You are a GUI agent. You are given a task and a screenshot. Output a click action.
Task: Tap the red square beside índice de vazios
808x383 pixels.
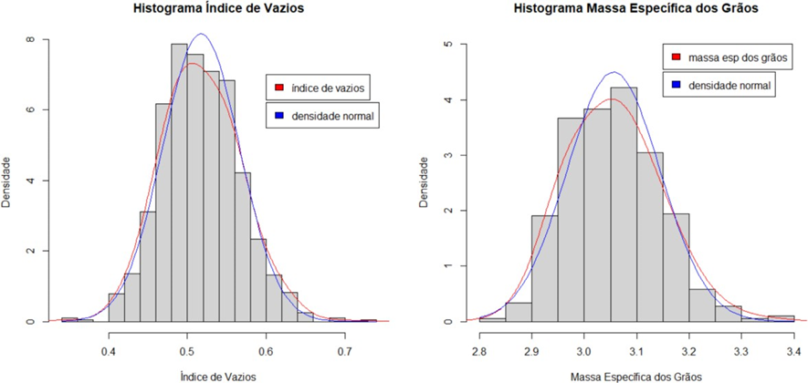pyautogui.click(x=279, y=88)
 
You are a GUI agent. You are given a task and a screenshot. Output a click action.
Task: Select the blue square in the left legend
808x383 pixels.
pyautogui.click(x=279, y=116)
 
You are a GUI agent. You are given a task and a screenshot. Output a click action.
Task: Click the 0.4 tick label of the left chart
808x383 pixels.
pyautogui.click(x=109, y=347)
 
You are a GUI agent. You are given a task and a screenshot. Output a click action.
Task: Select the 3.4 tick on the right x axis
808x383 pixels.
pyautogui.click(x=793, y=348)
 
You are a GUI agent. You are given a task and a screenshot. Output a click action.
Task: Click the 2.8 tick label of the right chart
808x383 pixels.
pyautogui.click(x=478, y=348)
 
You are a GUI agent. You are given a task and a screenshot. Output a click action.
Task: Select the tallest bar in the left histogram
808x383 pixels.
pyautogui.click(x=179, y=182)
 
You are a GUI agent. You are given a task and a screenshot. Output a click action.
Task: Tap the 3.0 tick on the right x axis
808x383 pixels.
pyautogui.click(x=583, y=348)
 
